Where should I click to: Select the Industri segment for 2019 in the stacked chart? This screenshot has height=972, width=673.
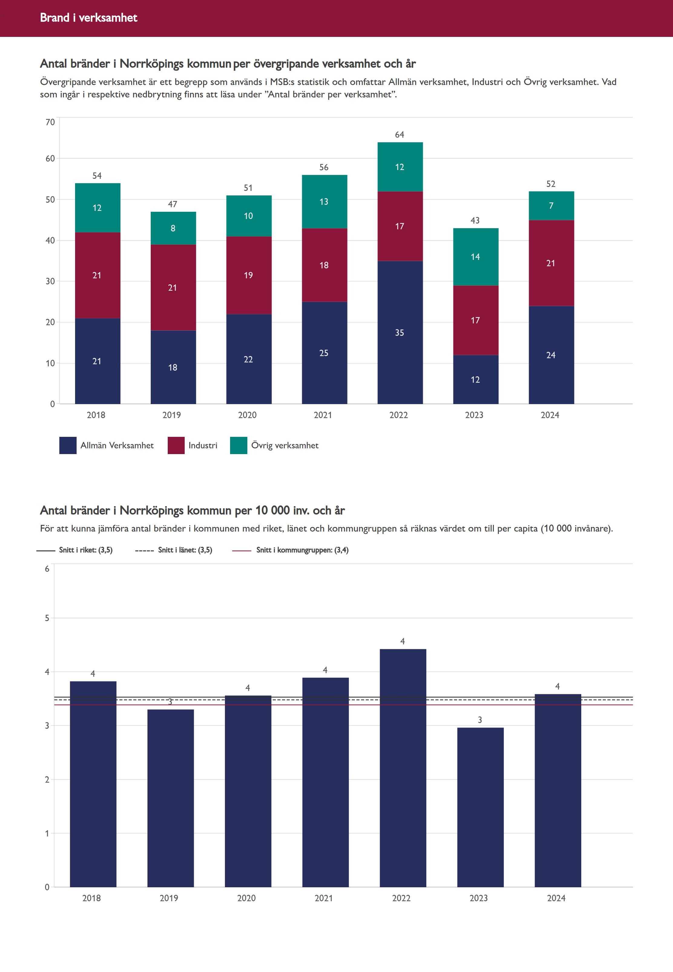(x=173, y=287)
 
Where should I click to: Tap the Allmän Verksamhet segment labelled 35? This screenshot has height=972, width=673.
(x=400, y=332)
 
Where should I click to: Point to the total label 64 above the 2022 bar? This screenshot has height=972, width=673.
(x=399, y=135)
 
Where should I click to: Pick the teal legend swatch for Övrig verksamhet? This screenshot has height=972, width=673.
(x=238, y=445)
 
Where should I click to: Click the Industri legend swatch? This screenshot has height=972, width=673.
(x=176, y=445)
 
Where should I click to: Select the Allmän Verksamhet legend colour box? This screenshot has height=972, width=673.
(x=68, y=445)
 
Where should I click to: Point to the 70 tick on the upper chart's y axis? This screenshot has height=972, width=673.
(x=50, y=122)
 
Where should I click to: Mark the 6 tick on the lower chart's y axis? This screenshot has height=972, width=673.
(x=47, y=569)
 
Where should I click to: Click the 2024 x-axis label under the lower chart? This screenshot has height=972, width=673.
(x=556, y=898)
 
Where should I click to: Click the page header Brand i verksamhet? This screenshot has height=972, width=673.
(x=88, y=18)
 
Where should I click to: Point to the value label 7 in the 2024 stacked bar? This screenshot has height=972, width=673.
(x=551, y=206)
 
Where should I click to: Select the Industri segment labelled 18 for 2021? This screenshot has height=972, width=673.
(x=324, y=265)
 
